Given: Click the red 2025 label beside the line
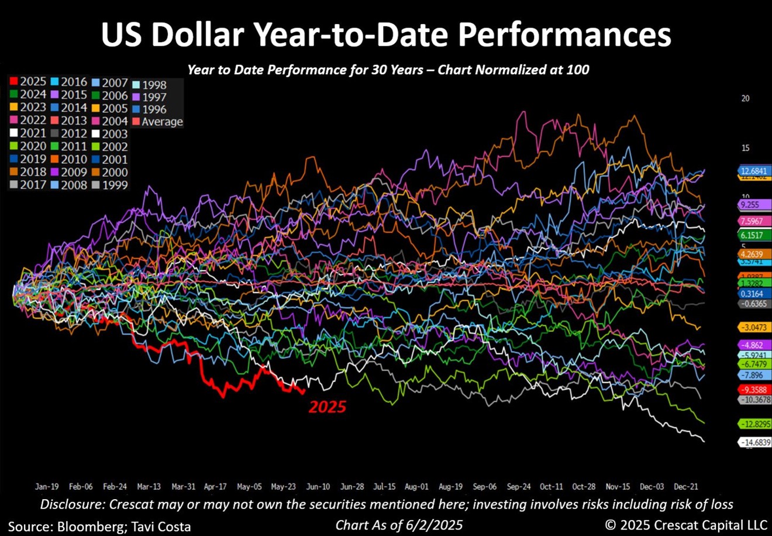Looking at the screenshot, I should coord(328,407).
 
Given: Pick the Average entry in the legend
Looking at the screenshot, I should coord(158,122).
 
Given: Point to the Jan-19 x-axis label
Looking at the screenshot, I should coord(46,487).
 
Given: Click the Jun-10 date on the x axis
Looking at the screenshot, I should coord(318,487).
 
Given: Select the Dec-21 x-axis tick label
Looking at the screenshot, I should coord(686,487).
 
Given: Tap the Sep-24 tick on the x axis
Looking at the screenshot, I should coord(519,487).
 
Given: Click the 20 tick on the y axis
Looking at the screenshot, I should coord(745,98).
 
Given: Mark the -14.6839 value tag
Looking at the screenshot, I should coord(756,443).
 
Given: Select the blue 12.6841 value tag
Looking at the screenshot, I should coord(754,170).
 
